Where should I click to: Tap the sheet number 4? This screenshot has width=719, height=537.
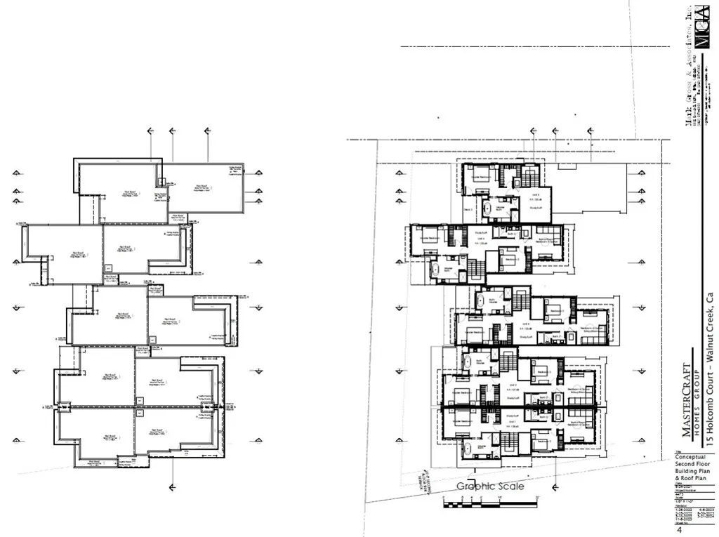[x=680, y=531]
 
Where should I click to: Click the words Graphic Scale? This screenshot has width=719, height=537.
[x=490, y=486]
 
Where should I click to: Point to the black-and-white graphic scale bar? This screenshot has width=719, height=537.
[x=490, y=503]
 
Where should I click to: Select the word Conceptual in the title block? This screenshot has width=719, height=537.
[x=691, y=457]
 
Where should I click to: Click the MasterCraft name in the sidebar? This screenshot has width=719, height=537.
[x=685, y=400]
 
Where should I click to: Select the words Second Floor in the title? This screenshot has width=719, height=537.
[x=692, y=464]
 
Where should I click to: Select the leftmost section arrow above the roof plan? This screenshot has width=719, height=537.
[x=150, y=131]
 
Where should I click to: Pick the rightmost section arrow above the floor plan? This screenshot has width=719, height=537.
[x=576, y=131]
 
